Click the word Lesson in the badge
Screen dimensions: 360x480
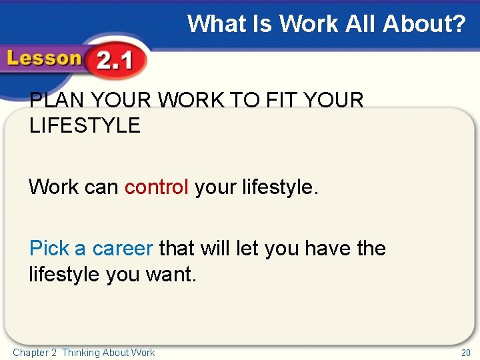[x=43, y=59]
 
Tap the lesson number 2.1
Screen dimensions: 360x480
[x=115, y=62]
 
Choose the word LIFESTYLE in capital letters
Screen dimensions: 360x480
[x=85, y=125]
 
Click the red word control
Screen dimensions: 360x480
[x=157, y=187]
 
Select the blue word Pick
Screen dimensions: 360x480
[x=49, y=249]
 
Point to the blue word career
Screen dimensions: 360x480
[x=123, y=249]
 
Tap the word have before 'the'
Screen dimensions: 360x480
[x=327, y=249]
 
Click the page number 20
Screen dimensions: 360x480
[x=465, y=353]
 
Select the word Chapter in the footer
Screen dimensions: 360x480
[x=31, y=353]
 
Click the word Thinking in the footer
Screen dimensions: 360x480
[x=81, y=353]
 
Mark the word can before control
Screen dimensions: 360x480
[x=101, y=187]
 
